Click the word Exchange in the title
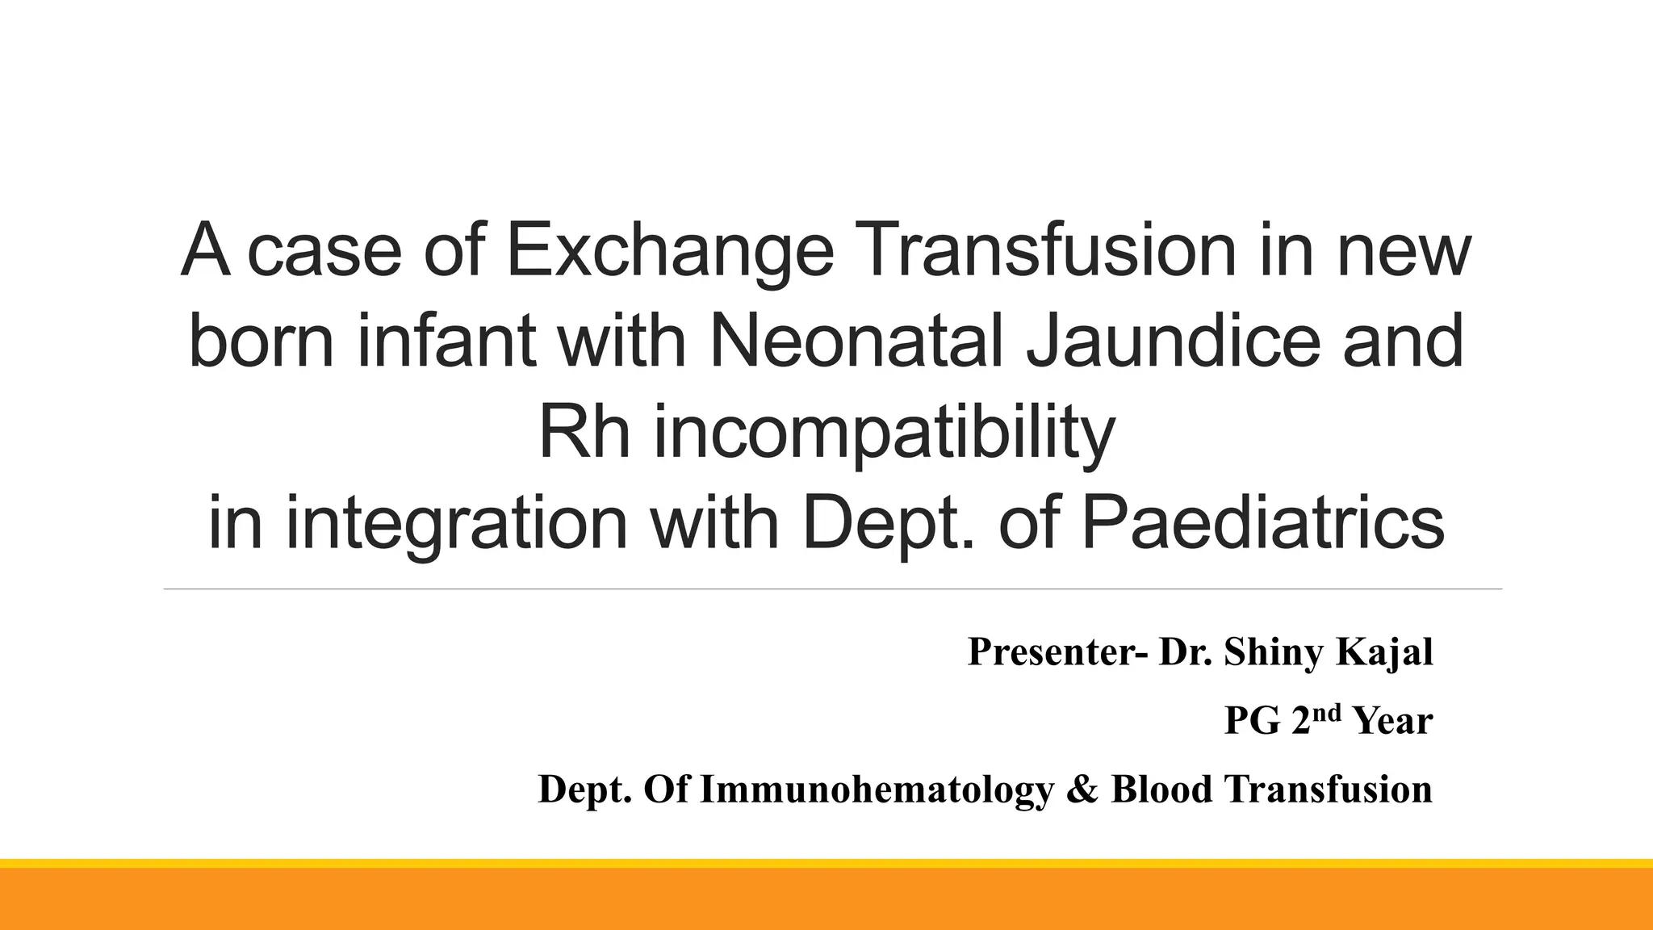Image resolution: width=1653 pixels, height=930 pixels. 670,250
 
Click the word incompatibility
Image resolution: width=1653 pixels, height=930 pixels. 884,433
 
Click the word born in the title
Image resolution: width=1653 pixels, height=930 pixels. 261,341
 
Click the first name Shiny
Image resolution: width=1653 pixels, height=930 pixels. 1273,653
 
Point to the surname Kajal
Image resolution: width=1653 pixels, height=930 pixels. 1384,652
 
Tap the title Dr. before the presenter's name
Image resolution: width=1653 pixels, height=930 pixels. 1185,652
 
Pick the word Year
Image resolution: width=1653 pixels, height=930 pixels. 1393,721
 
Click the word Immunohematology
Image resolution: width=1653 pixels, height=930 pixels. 877,790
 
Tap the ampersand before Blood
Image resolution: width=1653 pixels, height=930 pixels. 1082,790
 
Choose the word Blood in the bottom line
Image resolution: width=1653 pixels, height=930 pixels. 1161,790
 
